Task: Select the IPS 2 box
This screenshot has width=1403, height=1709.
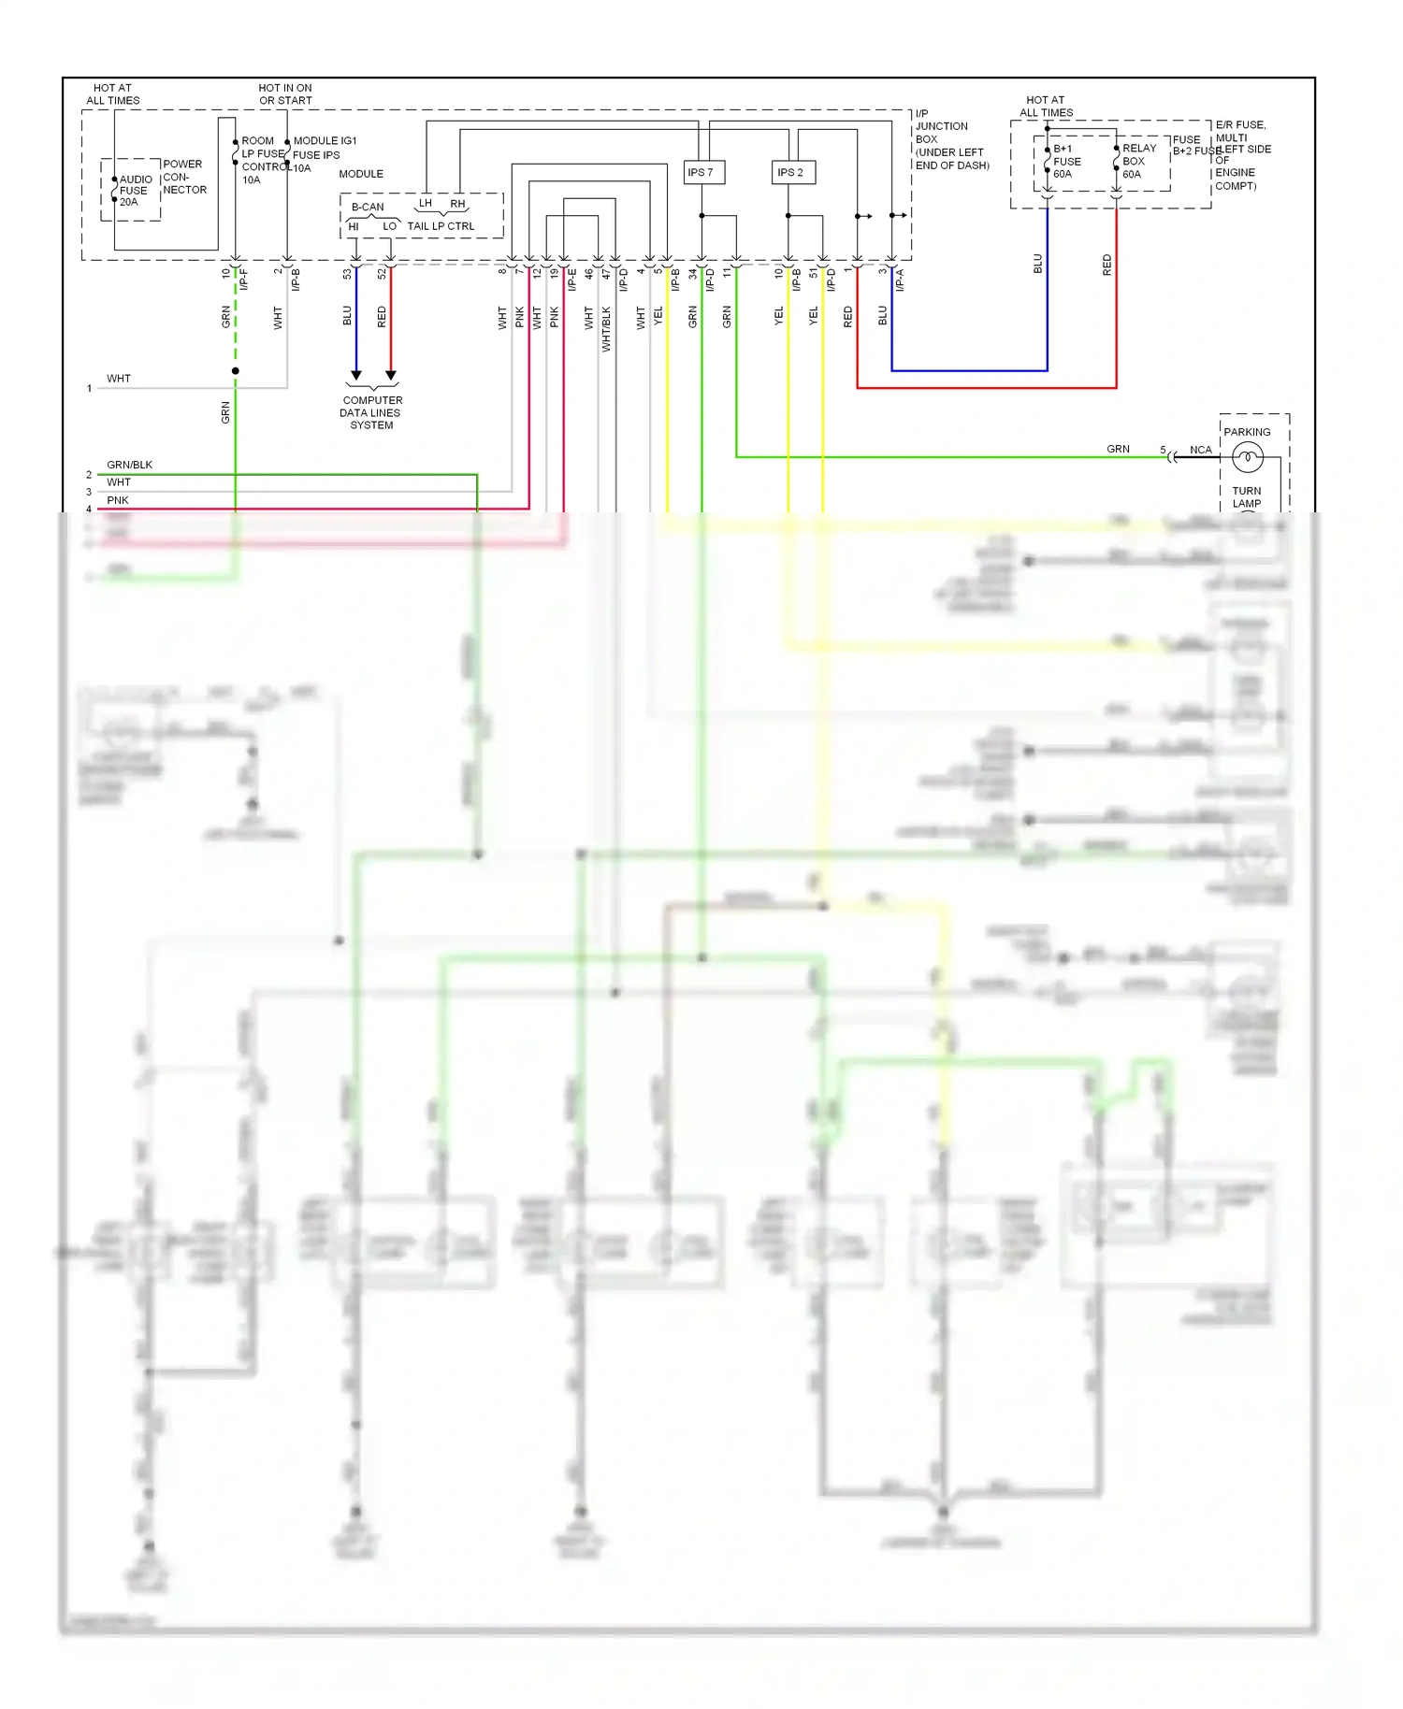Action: click(x=792, y=172)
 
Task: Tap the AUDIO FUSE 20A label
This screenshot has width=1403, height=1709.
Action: click(x=135, y=191)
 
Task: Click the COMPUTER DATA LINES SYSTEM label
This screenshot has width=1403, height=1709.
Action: click(x=371, y=412)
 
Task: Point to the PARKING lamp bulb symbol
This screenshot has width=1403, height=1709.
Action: click(x=1248, y=457)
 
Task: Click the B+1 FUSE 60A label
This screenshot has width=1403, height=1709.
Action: click(x=1066, y=162)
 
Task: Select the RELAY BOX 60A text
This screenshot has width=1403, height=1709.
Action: click(x=1138, y=161)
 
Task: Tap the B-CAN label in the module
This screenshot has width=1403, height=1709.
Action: click(x=368, y=208)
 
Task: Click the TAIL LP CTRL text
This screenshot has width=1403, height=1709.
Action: click(x=441, y=226)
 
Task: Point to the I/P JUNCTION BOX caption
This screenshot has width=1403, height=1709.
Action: click(x=950, y=139)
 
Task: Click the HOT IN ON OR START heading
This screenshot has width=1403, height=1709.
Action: click(x=285, y=94)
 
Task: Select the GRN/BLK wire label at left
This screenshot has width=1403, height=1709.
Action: click(x=129, y=465)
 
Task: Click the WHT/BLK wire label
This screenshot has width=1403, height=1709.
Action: click(x=606, y=328)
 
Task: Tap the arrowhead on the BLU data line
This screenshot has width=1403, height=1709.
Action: click(x=355, y=375)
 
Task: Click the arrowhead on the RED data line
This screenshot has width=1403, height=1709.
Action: click(x=391, y=375)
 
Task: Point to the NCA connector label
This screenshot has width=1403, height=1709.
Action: click(x=1200, y=450)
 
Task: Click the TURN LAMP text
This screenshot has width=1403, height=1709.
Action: click(x=1246, y=497)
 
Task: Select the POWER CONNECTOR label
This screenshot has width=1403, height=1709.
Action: click(x=184, y=177)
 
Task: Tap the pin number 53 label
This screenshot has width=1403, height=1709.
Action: click(x=347, y=274)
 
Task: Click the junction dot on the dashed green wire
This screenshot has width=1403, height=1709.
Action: click(x=236, y=371)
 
